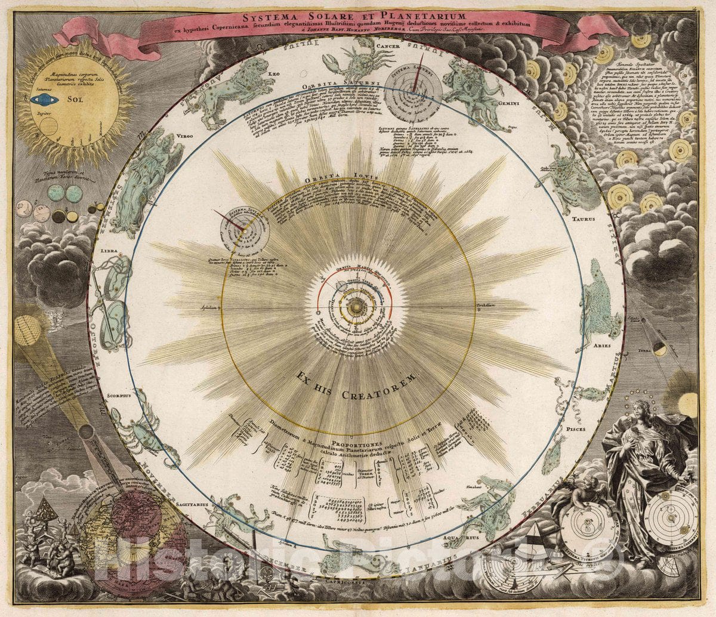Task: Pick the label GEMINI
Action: click(517, 103)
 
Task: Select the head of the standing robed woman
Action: click(642, 410)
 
